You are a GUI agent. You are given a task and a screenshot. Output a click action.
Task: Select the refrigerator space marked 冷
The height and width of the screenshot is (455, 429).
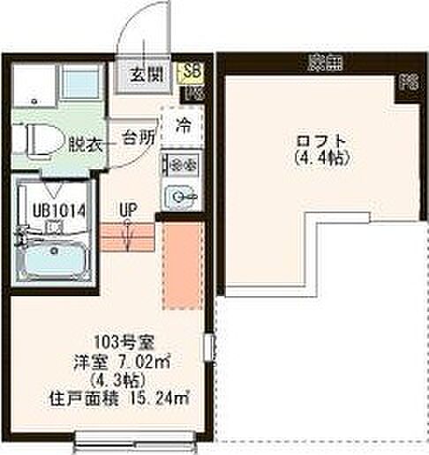[184, 124]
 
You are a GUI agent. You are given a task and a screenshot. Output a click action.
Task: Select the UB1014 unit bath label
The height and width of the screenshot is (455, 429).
[51, 211]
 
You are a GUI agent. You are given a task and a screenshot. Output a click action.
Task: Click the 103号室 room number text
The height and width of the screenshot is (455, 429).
[116, 341]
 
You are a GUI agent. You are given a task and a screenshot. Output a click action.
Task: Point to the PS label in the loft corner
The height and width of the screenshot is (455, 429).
[407, 85]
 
